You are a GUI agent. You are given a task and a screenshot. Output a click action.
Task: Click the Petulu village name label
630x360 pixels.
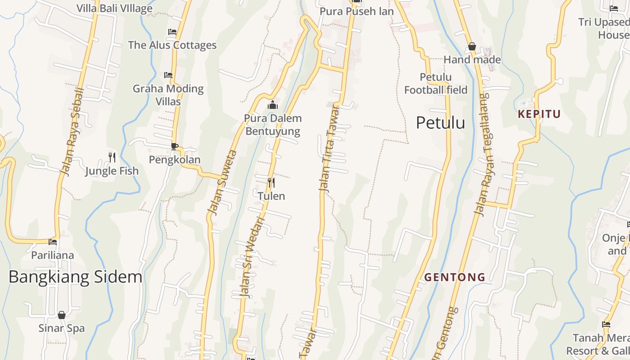(x=440, y=122)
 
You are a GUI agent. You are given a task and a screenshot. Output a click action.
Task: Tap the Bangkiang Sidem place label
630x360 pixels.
(x=75, y=277)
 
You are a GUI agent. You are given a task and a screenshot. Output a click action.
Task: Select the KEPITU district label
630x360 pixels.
(x=539, y=114)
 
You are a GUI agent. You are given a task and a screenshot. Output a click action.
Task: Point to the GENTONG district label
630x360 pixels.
(x=455, y=277)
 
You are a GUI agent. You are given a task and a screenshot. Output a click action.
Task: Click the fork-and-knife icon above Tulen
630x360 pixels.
(x=271, y=182)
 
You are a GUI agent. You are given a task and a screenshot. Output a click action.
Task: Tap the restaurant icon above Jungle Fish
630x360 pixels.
(x=112, y=157)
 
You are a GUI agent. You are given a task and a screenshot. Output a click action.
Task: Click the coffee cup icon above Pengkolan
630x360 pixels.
(x=175, y=146)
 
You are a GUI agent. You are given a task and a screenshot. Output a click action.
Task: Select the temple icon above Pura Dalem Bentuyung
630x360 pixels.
(x=272, y=105)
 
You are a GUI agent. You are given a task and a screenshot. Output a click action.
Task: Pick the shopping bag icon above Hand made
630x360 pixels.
(x=472, y=46)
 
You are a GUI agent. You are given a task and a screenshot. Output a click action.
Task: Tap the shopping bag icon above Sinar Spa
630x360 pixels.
(x=62, y=315)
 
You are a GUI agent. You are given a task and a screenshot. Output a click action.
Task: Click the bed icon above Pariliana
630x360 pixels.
(x=53, y=242)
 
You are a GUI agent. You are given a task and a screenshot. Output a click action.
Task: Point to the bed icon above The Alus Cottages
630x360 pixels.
(x=172, y=31)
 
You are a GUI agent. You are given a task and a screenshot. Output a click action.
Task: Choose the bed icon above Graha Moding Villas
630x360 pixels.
(x=168, y=75)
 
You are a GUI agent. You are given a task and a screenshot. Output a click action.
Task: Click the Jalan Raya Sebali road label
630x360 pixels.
(x=72, y=131)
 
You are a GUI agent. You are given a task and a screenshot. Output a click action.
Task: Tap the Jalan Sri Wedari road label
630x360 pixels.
(x=252, y=256)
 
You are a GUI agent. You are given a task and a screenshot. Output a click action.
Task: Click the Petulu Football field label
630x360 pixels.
(x=436, y=83)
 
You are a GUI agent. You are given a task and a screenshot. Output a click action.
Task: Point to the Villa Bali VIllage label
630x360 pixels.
(x=114, y=8)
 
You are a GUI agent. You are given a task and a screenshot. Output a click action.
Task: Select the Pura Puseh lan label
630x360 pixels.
(x=356, y=11)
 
